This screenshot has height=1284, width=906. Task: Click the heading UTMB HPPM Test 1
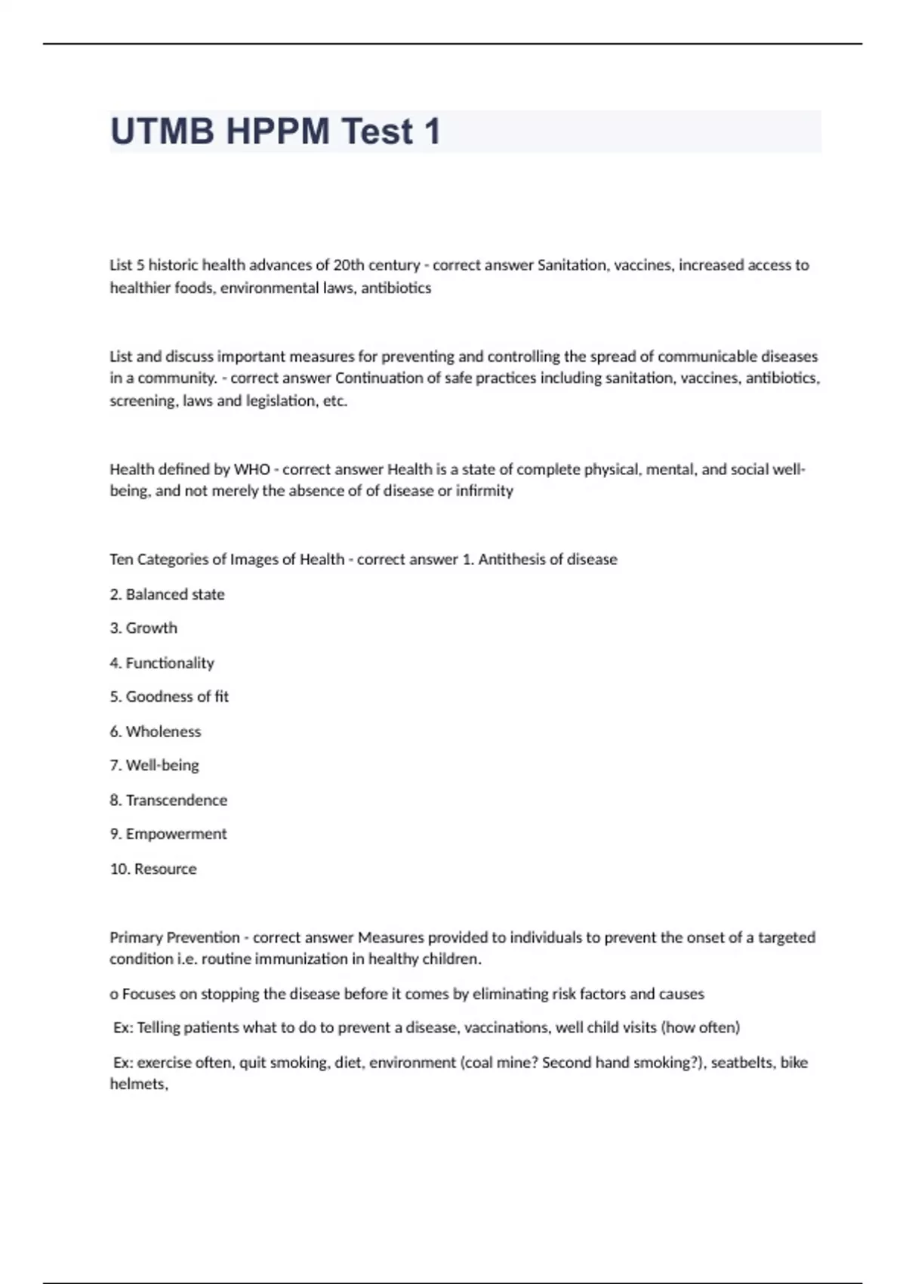276,131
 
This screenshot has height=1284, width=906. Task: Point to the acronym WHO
251,469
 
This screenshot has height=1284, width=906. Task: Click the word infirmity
484,491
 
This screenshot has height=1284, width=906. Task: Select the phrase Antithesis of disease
547,560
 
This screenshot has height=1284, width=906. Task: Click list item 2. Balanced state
167,594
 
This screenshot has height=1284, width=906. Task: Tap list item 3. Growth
143,628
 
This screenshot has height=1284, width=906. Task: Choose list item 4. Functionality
162,663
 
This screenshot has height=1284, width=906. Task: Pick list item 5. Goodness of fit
169,696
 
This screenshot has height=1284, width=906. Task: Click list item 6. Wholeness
156,731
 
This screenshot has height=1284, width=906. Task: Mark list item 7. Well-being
154,765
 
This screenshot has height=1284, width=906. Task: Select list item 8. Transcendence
168,800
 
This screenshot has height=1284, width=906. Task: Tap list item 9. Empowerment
168,834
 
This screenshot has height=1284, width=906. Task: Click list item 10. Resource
153,869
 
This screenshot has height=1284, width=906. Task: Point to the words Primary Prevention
174,937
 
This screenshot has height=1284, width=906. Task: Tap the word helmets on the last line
137,1085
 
